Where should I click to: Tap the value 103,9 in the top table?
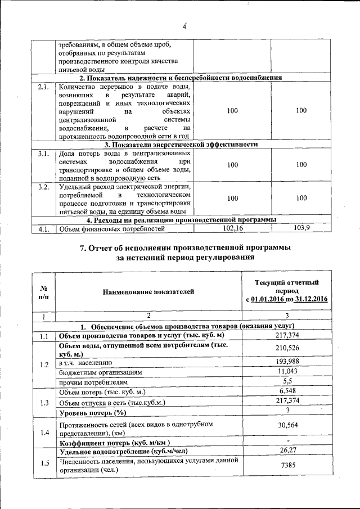[x=301, y=228]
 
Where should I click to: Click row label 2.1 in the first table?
[x=43, y=87]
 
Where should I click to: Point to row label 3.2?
[x=43, y=187]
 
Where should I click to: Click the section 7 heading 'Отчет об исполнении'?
[x=186, y=248]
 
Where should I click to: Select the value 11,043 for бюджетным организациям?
[x=287, y=372]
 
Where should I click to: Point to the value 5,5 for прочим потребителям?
[x=287, y=381]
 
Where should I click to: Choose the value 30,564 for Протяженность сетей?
[x=287, y=426]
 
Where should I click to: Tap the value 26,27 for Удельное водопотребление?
[x=287, y=451]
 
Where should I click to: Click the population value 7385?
[x=287, y=465]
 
